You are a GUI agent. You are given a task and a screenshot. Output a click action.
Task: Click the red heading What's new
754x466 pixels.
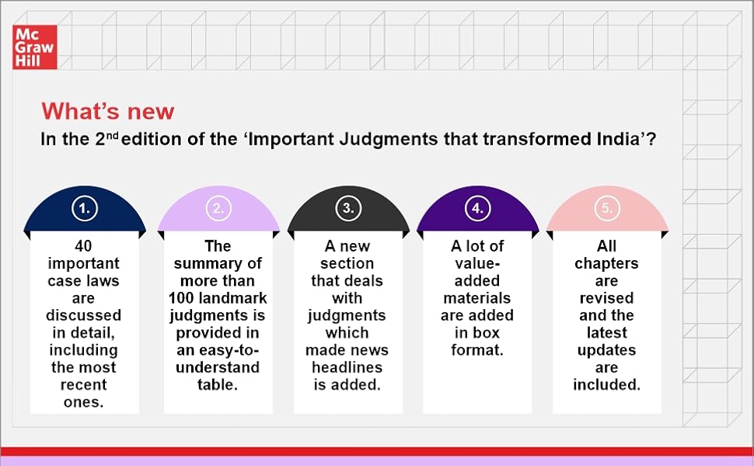(x=108, y=111)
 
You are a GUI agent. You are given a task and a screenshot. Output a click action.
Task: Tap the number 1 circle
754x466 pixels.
(x=84, y=207)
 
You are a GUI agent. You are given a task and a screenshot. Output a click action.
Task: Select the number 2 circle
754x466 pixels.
(x=218, y=207)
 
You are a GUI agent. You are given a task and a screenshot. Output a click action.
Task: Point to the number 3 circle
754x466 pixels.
(x=348, y=207)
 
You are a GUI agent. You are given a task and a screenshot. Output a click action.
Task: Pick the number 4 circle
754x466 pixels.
(x=478, y=207)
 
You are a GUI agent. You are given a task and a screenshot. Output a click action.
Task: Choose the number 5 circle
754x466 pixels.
(x=607, y=207)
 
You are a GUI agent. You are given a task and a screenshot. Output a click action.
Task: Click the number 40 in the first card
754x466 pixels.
(x=84, y=245)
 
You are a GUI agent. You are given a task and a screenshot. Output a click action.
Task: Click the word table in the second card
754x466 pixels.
(x=218, y=385)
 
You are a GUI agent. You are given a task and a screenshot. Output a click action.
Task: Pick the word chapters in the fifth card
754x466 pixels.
(x=606, y=263)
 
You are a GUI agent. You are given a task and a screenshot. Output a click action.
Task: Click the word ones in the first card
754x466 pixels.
(x=84, y=402)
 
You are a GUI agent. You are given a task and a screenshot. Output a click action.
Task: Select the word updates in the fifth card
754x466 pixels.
(x=606, y=350)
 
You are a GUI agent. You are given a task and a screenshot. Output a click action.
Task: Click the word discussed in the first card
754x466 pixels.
(x=84, y=315)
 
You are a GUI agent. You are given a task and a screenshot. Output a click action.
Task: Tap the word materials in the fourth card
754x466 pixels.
(x=477, y=298)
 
